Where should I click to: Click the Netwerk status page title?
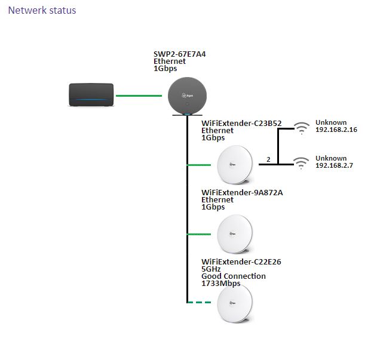(x=42, y=11)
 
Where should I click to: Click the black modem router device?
(x=91, y=96)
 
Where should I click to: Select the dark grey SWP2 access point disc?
(x=186, y=96)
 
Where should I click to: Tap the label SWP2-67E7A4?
(x=180, y=54)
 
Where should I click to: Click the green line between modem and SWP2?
(x=139, y=96)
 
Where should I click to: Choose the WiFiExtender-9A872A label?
(x=242, y=193)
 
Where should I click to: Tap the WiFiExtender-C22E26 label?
(x=241, y=262)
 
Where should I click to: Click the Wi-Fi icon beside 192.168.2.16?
(x=302, y=127)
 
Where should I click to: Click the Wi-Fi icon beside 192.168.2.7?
(x=302, y=161)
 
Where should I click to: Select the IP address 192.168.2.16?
(x=336, y=130)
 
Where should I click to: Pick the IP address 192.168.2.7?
(x=334, y=165)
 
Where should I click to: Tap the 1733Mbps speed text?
(x=221, y=284)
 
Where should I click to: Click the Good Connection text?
(x=234, y=276)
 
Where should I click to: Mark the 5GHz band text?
(x=212, y=269)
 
